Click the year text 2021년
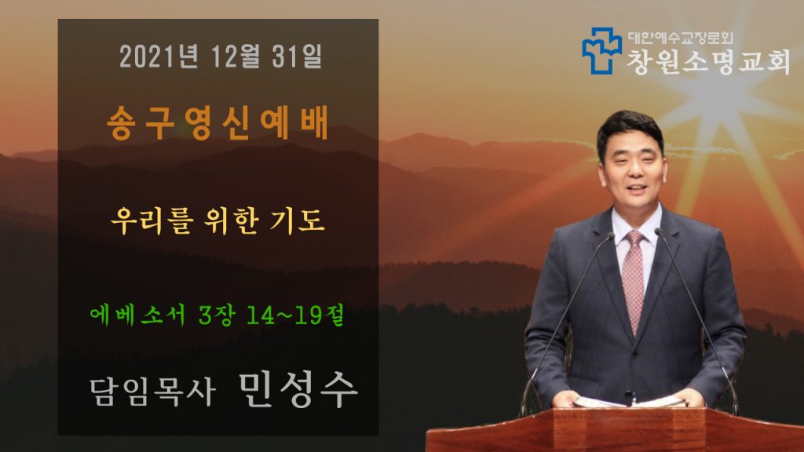coord(159,56)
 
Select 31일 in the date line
coord(297,56)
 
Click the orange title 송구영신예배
coord(218,123)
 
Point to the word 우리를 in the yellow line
coord(152,221)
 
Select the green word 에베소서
coord(137,315)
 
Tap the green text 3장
coord(217,315)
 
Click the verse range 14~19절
coord(295,315)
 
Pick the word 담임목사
coord(152,392)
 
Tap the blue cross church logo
coord(601,50)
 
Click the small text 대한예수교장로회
coord(681,38)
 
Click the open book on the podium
coord(630,403)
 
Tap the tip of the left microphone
coord(610,235)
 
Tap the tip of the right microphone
coord(659,231)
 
